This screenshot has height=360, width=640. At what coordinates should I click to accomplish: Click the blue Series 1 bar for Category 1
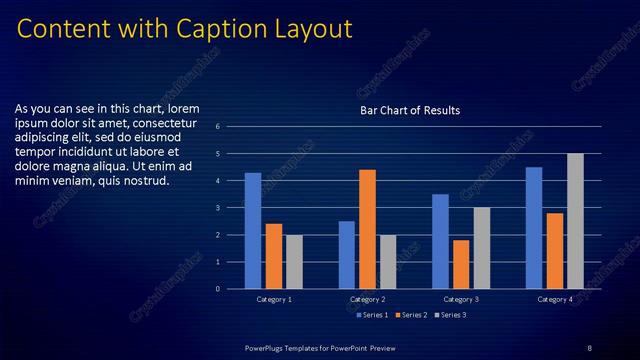[x=253, y=230]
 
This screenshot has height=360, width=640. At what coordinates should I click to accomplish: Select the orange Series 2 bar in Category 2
[x=367, y=228]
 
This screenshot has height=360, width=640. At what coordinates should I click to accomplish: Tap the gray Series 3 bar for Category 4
[x=575, y=220]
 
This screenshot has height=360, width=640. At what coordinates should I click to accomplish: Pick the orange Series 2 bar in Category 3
[x=461, y=264]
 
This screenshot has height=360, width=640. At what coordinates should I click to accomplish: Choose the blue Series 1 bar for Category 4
[x=534, y=227]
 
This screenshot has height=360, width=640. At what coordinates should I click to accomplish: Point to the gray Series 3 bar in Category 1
[x=294, y=261]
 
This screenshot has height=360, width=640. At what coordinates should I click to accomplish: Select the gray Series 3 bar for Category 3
[x=481, y=247]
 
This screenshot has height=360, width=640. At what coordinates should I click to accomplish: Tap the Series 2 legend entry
[x=412, y=315]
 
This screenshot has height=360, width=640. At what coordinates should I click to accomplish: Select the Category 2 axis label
[x=367, y=299]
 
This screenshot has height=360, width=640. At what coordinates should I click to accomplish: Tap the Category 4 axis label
[x=555, y=299]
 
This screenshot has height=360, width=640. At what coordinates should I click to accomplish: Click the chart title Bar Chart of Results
[x=410, y=110]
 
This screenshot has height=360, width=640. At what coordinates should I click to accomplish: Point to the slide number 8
[x=589, y=347]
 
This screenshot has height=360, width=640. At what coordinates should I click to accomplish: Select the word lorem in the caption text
[x=184, y=108]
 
